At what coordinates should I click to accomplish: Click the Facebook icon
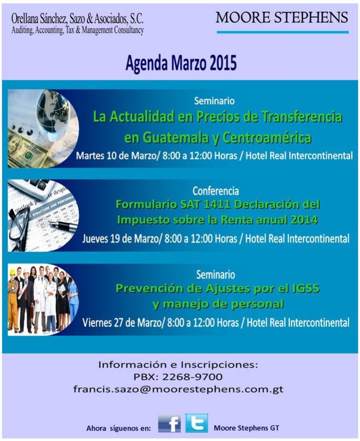pos(169,423)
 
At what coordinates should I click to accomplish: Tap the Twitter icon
pos(197,423)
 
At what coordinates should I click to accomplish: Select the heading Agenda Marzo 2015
pos(181,63)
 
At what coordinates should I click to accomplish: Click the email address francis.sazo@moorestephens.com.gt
pos(178,389)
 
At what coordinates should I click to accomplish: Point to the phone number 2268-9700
pos(192,377)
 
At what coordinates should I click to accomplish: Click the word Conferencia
pos(215,191)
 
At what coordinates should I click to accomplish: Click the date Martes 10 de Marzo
pos(115,155)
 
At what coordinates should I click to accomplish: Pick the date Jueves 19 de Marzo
pos(120,239)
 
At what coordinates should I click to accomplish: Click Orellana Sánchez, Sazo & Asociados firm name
pos(77,19)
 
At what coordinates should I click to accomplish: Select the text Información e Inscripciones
pos(178,365)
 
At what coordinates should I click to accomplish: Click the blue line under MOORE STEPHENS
pos(283,32)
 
